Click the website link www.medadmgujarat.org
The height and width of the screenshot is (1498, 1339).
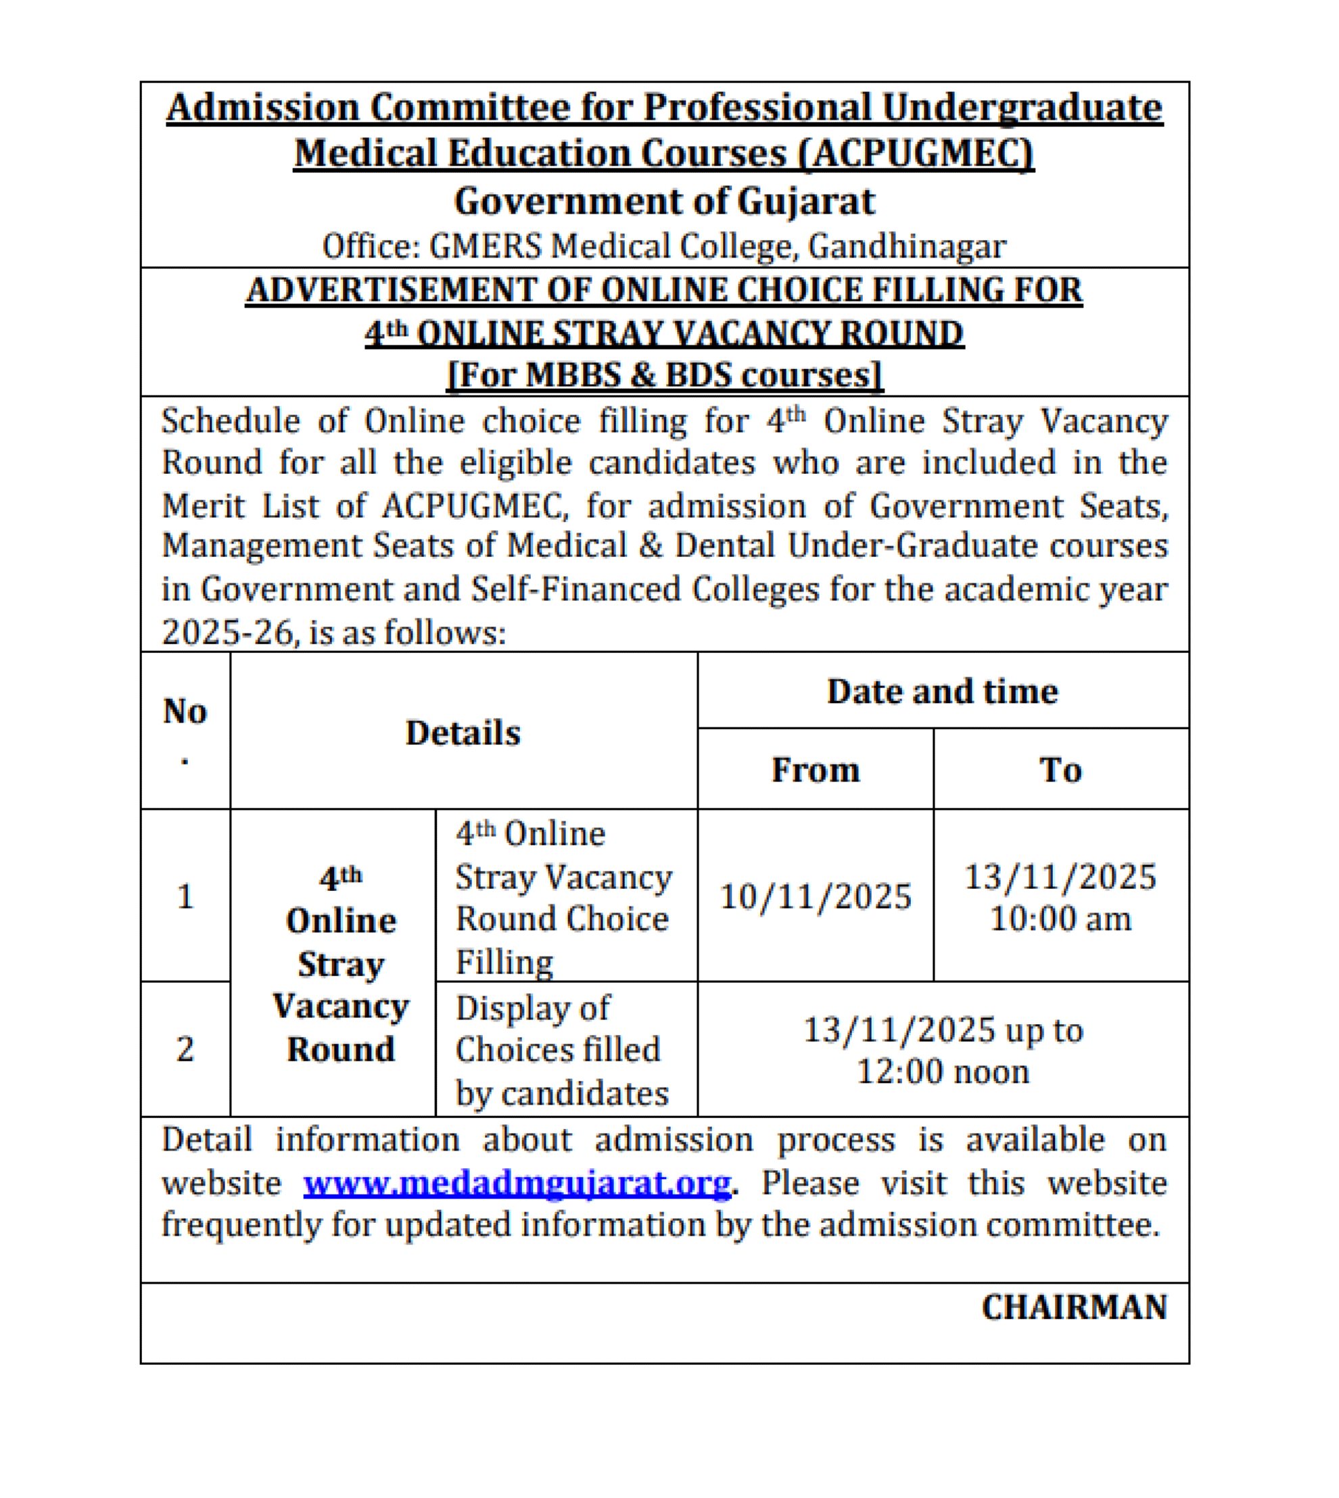point(517,1183)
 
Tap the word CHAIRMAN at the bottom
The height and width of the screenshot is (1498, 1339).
point(1074,1307)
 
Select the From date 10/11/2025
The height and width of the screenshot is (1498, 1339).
point(815,896)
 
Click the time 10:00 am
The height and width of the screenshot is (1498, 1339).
point(1060,919)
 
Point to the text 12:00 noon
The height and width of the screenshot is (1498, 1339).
point(943,1071)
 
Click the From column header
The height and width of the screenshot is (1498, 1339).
point(815,770)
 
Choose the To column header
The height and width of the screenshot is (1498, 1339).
point(1060,770)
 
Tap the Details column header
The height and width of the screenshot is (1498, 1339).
point(463,733)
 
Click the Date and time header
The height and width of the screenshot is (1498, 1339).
point(943,692)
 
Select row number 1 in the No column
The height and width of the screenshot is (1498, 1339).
point(185,896)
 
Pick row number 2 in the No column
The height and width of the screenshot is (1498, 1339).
point(185,1048)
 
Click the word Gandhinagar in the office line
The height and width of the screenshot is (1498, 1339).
point(907,246)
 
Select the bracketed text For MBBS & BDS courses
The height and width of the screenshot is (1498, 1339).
point(664,375)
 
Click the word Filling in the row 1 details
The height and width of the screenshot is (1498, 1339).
point(504,962)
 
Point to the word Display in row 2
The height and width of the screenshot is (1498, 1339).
point(502,1007)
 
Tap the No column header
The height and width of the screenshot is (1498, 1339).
point(185,712)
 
